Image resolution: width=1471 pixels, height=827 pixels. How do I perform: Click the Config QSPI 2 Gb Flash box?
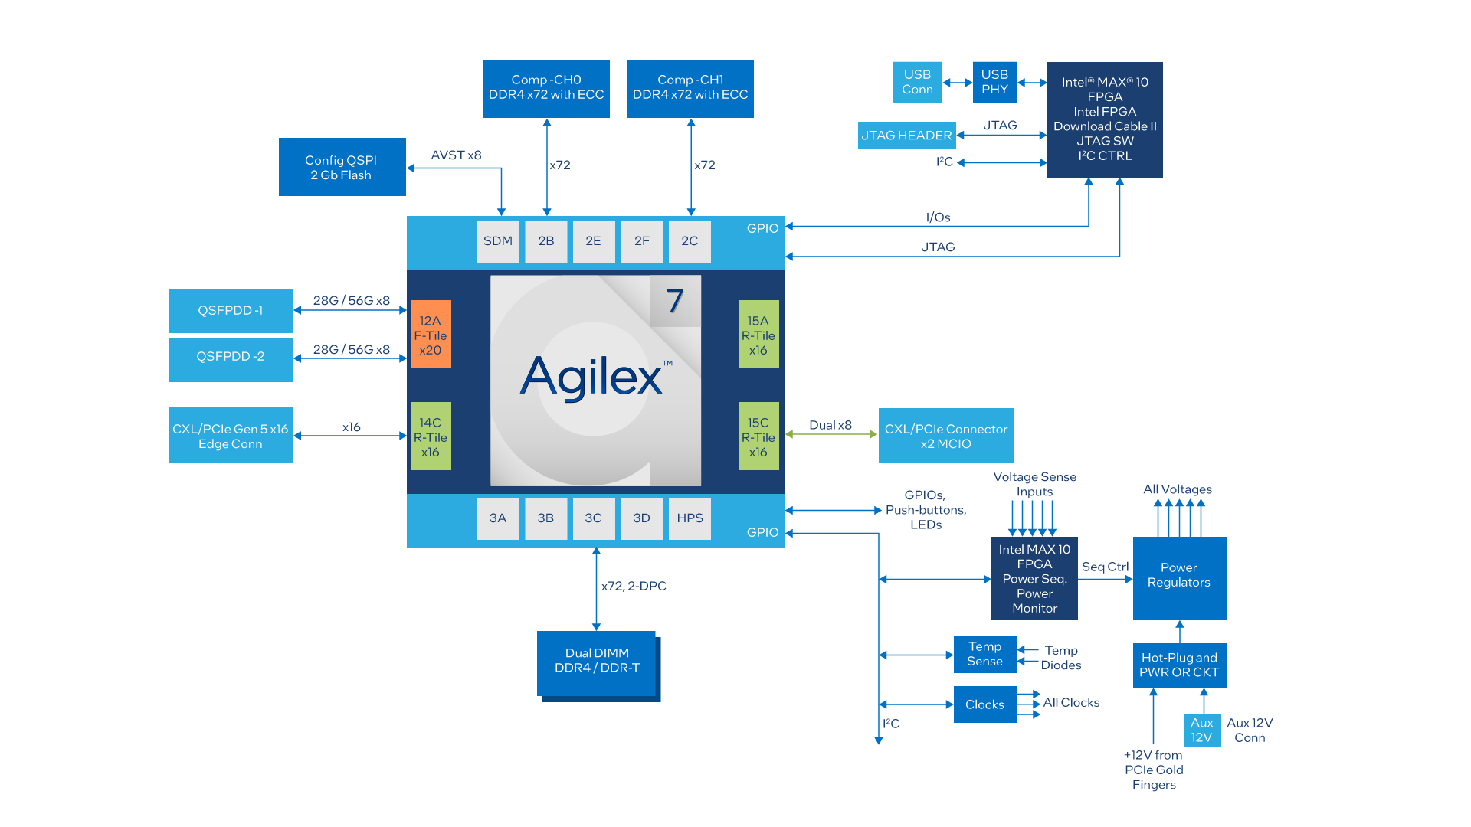point(342,167)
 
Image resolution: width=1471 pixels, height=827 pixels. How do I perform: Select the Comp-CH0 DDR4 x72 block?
point(545,88)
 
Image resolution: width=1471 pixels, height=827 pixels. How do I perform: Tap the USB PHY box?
point(994,82)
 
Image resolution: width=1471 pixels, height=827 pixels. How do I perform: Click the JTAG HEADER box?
point(906,136)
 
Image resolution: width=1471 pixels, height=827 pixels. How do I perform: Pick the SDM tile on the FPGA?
point(498,241)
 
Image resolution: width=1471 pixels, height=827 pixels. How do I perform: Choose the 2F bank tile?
point(642,241)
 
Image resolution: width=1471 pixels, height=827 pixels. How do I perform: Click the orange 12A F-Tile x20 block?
point(431,335)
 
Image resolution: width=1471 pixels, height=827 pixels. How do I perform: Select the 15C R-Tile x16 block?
point(758,436)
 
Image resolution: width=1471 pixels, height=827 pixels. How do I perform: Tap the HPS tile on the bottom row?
point(690,518)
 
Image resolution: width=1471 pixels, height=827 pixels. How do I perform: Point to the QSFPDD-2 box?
point(231,357)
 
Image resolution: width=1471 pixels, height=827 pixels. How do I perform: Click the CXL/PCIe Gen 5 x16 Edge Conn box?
point(231,436)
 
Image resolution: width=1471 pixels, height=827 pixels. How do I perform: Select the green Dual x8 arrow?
point(831,434)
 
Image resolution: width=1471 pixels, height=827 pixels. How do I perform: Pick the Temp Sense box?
point(985,655)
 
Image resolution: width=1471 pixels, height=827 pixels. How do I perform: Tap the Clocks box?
point(985,704)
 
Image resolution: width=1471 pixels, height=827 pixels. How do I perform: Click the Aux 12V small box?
point(1202,731)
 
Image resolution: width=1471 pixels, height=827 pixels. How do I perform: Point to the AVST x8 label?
point(457,155)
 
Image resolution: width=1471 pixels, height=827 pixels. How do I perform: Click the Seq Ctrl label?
point(1105,567)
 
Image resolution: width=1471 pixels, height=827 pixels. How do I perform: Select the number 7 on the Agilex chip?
point(674,301)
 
